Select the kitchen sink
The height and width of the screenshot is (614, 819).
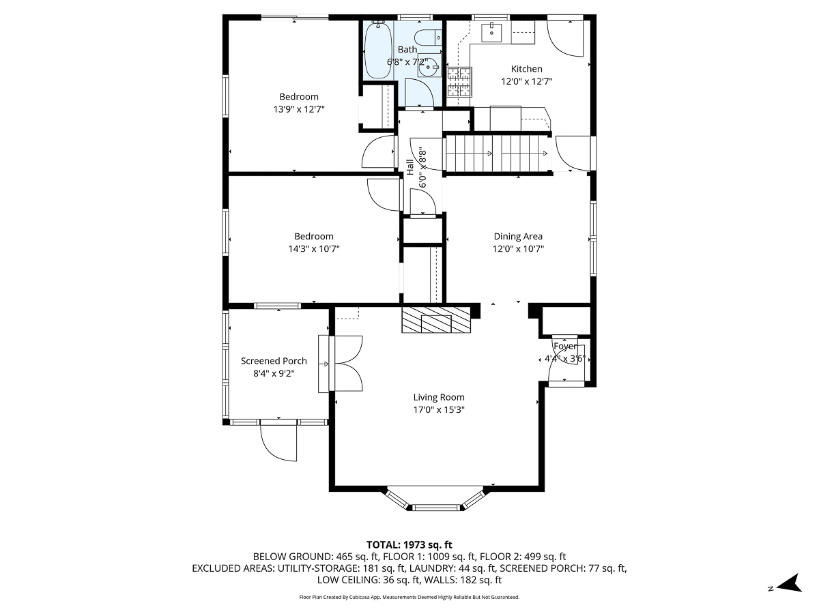[491, 31]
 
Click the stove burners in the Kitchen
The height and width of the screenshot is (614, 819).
[459, 81]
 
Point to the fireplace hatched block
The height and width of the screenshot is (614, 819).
[436, 320]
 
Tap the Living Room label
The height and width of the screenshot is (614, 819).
[438, 397]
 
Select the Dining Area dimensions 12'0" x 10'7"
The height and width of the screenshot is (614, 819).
[518, 249]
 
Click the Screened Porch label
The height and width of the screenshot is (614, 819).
[274, 361]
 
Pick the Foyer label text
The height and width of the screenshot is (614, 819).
[564, 347]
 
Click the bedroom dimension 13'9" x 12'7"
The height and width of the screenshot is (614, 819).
[298, 108]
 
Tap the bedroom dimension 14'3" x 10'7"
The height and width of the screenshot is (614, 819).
[313, 249]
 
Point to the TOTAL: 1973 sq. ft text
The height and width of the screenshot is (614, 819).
[409, 544]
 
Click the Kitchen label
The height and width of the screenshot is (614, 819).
[526, 69]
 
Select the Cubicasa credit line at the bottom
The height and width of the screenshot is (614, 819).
[409, 597]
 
